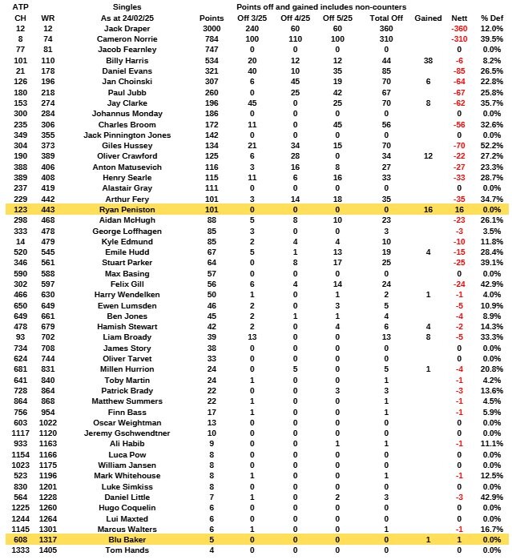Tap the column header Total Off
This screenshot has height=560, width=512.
pos(387,17)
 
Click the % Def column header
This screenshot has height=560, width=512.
pos(490,17)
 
